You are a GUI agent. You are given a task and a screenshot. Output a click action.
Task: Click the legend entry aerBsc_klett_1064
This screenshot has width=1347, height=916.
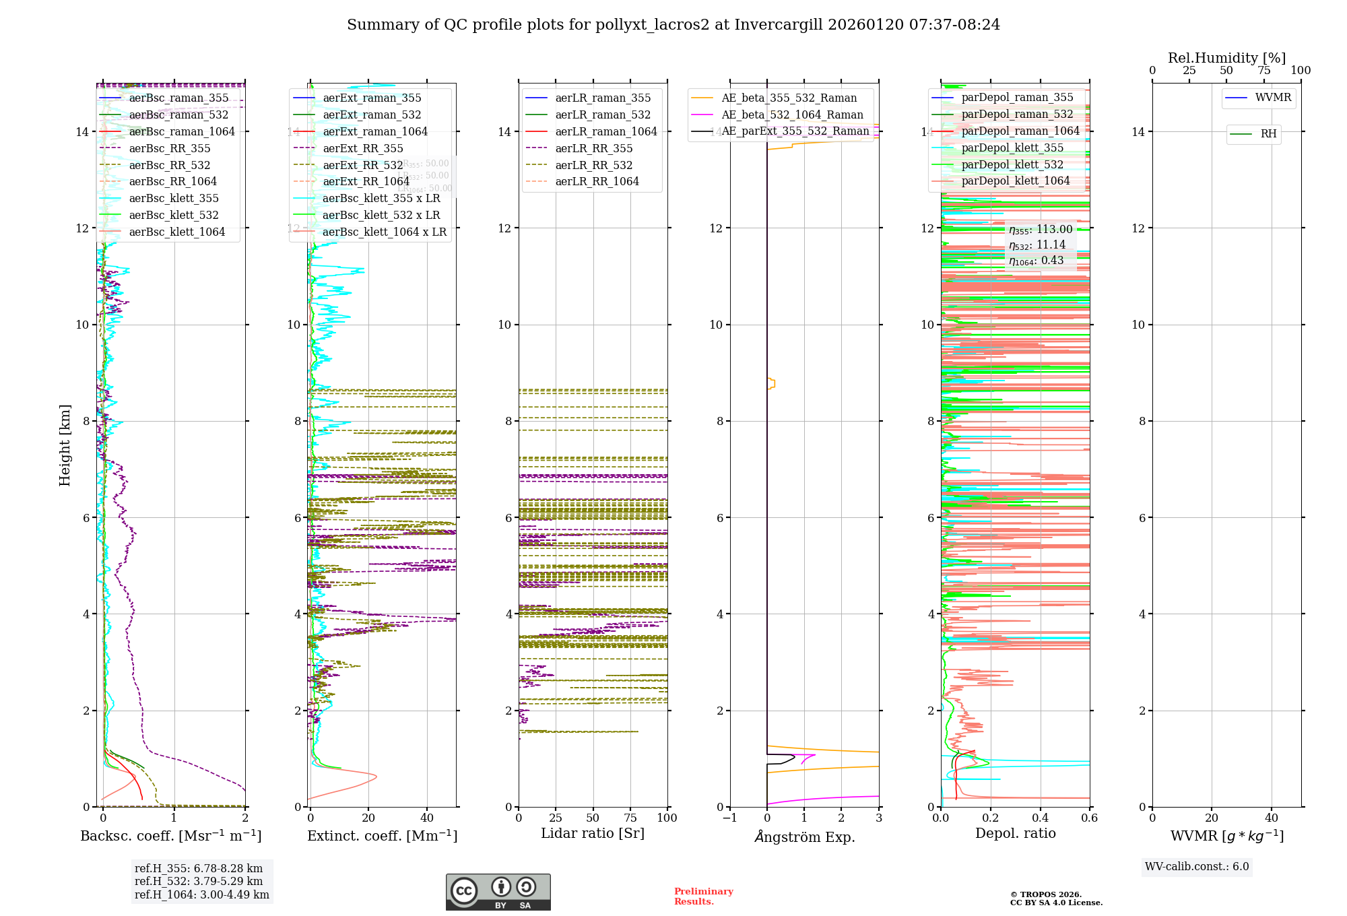[176, 232]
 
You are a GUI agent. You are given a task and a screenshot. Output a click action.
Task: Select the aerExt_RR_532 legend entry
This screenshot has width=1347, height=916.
[362, 165]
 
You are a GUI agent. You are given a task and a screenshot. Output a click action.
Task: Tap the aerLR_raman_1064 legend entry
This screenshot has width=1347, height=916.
[605, 132]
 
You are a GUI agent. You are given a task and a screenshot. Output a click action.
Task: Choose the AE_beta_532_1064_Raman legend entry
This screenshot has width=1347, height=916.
[792, 115]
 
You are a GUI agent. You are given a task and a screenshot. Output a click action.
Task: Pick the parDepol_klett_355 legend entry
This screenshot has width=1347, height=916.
[1012, 148]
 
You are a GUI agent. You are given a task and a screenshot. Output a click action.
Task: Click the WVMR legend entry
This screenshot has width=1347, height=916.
[1273, 98]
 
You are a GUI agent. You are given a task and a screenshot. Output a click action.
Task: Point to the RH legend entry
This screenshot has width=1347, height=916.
[1268, 134]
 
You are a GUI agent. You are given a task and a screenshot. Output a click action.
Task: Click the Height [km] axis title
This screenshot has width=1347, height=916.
[65, 445]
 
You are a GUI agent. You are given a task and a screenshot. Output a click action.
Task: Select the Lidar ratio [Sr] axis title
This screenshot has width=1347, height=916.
[593, 834]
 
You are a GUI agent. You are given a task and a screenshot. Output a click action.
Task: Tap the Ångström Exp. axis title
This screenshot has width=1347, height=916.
[805, 837]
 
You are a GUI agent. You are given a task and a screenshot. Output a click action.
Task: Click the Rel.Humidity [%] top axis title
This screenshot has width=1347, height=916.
[1226, 58]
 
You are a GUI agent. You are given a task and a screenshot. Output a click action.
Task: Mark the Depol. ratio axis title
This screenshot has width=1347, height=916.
[1016, 834]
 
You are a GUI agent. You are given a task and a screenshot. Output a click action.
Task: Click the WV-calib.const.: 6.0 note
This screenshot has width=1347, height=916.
[1197, 867]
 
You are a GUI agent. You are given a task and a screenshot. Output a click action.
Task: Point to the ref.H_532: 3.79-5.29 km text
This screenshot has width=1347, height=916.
[199, 882]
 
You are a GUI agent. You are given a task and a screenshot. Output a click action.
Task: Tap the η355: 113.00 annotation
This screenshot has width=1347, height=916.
[1041, 230]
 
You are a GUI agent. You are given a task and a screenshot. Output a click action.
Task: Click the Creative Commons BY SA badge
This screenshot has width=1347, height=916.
[498, 892]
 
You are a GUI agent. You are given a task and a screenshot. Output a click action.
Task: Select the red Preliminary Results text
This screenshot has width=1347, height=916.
[703, 896]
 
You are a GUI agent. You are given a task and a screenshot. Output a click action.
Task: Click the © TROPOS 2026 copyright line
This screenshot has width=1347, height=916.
[1045, 895]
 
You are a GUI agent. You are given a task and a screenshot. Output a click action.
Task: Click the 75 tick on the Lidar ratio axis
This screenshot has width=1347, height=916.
[630, 818]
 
